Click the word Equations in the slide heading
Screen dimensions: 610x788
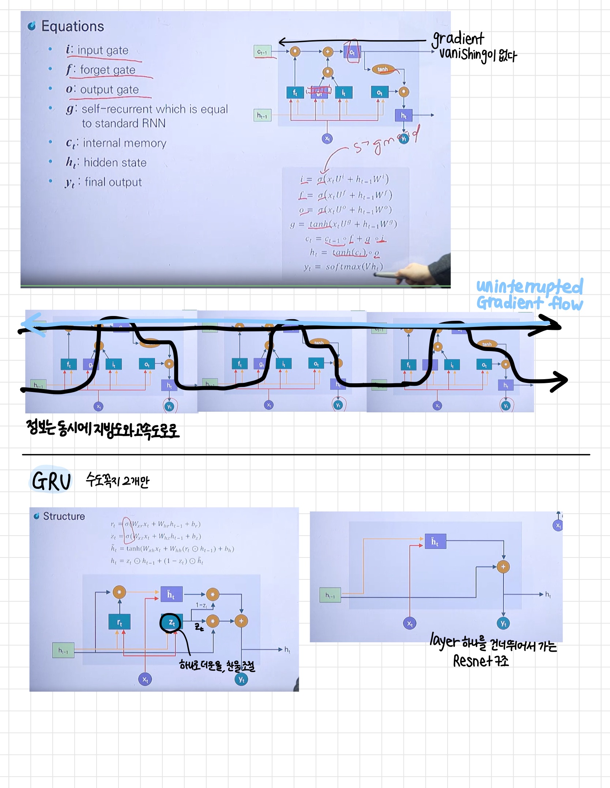click(x=72, y=26)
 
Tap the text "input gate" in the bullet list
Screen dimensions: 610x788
click(x=103, y=50)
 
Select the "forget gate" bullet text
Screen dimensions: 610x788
click(x=108, y=70)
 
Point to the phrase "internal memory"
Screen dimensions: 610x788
click(x=124, y=143)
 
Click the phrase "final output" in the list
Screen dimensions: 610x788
click(x=113, y=182)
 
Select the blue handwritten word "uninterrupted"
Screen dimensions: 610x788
click(x=529, y=286)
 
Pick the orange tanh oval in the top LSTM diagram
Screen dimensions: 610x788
click(x=383, y=69)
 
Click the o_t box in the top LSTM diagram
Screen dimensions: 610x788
click(x=379, y=93)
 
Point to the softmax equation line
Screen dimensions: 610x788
click(x=343, y=267)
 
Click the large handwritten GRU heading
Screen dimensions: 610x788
click(x=51, y=481)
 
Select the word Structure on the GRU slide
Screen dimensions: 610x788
click(x=64, y=516)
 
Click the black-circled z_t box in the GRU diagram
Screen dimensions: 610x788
click(x=171, y=622)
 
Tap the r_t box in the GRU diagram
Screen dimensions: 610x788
click(x=119, y=622)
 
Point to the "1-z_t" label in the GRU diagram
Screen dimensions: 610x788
click(x=201, y=605)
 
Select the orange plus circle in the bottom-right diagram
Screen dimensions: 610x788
click(x=503, y=567)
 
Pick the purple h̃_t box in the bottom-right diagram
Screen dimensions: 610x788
click(x=435, y=542)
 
